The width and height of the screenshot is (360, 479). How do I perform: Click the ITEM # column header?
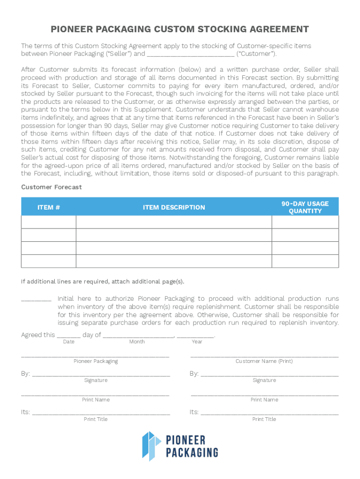[49, 207]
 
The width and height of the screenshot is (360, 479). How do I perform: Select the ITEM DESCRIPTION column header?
[174, 207]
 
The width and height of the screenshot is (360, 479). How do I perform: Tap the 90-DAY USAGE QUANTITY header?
[305, 207]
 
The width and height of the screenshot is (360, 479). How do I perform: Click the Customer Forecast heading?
[51, 187]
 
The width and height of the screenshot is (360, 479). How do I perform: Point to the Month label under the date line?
[137, 342]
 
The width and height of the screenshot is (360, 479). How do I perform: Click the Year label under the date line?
[197, 342]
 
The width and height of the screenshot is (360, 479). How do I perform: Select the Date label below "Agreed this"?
[69, 342]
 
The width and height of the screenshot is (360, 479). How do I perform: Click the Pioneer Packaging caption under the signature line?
[96, 361]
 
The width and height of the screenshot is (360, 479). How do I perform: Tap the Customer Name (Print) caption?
[264, 361]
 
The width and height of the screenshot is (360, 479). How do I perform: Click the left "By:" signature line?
[101, 375]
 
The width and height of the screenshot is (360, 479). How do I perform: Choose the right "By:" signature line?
[269, 375]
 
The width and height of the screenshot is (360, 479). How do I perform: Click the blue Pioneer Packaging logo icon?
[151, 445]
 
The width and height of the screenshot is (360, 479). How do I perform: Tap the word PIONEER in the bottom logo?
[186, 440]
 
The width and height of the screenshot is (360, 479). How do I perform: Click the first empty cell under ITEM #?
[49, 222]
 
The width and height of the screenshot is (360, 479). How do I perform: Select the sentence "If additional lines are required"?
[102, 282]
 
